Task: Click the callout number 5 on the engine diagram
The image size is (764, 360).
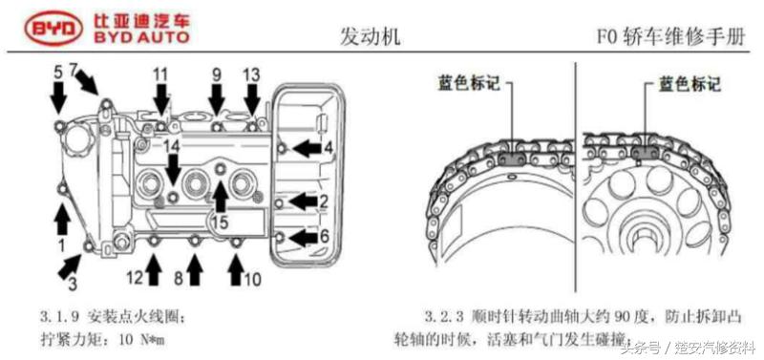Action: coord(57,71)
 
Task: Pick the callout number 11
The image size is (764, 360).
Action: coord(160,74)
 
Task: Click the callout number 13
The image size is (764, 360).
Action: coord(251,74)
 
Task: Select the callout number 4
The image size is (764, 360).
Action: coord(327,148)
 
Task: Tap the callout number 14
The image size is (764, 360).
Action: coord(172,145)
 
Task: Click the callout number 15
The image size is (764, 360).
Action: coord(219,222)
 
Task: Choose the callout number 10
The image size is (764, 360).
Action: coord(251,279)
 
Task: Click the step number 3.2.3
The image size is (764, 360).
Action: coord(441,314)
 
